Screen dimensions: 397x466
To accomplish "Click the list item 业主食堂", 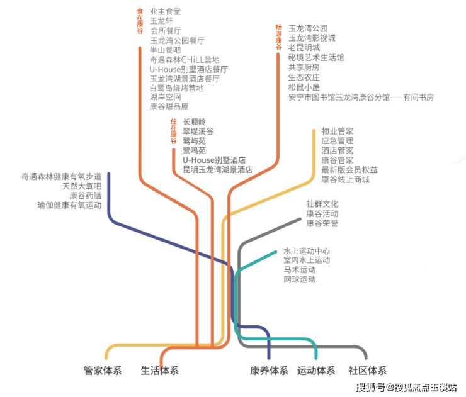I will [x=166, y=11].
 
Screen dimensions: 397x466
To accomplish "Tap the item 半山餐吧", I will [x=166, y=50].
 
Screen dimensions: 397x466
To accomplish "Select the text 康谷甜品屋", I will [x=169, y=107].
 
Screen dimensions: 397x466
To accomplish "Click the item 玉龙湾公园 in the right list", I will [x=308, y=28].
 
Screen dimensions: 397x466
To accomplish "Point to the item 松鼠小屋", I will [x=304, y=87].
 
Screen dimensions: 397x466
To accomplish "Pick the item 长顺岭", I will [x=195, y=121].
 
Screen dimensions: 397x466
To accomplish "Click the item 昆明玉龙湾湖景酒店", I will [x=217, y=170].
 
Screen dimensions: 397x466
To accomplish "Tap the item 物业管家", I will [x=338, y=131].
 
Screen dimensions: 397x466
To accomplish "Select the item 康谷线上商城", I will [x=345, y=180].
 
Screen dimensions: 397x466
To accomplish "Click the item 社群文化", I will [x=322, y=204].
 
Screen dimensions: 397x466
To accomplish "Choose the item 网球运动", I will [x=299, y=279].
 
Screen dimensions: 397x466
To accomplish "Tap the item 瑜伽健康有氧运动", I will [x=69, y=205].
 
